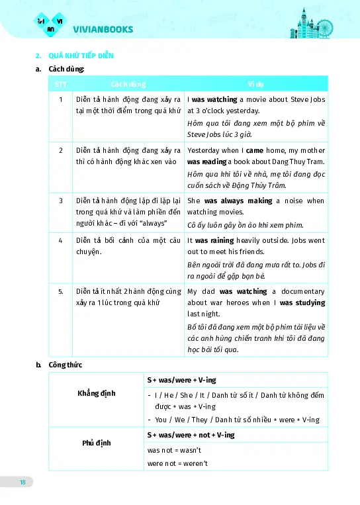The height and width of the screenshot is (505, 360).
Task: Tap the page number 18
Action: [x=22, y=482]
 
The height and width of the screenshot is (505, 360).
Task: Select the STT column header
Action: [x=60, y=85]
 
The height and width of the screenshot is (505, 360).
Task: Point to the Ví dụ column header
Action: [x=256, y=85]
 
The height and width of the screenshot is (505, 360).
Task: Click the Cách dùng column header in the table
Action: [x=128, y=85]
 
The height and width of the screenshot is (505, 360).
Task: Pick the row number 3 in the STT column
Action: [x=60, y=201]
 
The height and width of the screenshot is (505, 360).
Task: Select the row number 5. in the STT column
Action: [x=60, y=291]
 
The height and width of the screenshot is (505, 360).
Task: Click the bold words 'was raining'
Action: [x=212, y=241]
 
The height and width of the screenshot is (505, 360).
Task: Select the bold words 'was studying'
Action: [x=302, y=302]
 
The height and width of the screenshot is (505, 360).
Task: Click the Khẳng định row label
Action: [x=97, y=393]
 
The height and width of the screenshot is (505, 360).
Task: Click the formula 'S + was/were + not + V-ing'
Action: [x=191, y=435]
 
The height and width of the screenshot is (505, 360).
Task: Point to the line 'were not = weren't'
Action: [x=177, y=463]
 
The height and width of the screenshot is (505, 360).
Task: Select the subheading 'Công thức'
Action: [x=66, y=364]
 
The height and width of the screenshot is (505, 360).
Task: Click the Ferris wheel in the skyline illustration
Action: [x=324, y=28]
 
